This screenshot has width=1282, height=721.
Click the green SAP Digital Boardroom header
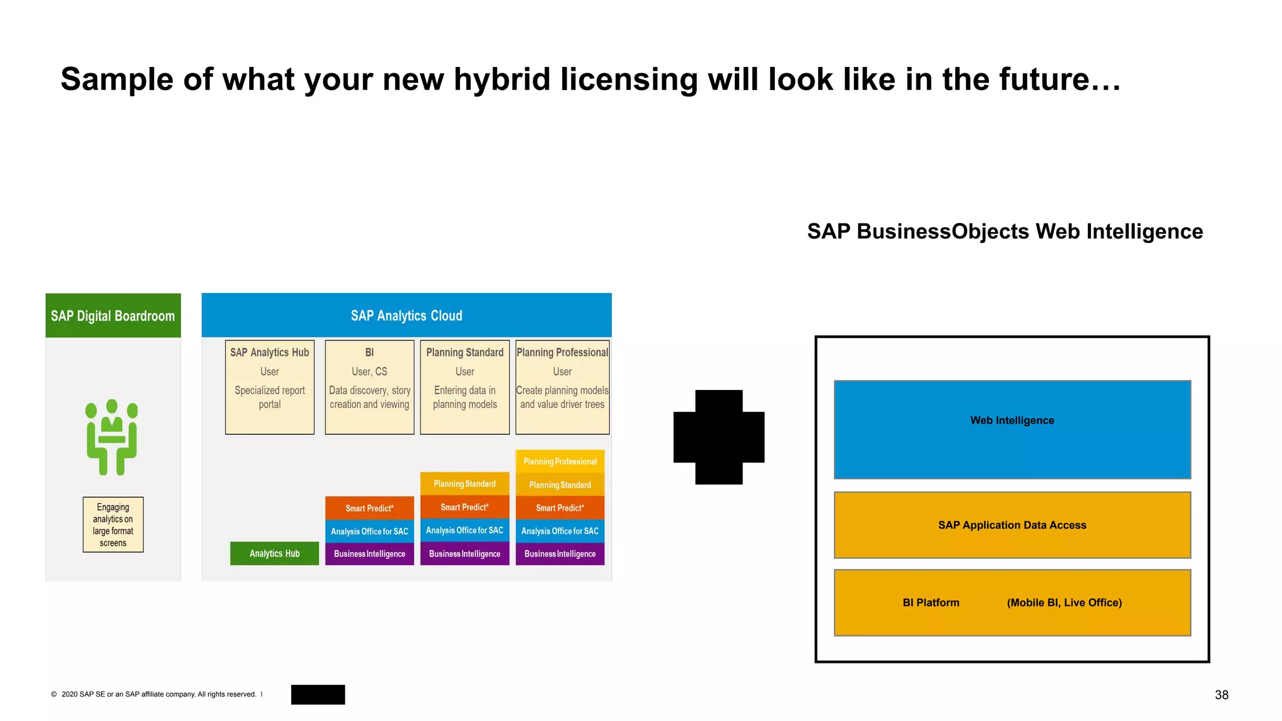113,315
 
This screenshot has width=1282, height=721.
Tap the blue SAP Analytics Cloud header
406,315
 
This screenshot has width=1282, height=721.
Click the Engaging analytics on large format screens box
113,524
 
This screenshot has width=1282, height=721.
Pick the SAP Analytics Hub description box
270,387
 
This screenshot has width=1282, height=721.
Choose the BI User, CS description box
369,387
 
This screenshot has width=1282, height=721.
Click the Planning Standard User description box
464,387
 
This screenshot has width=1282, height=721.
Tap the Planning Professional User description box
562,387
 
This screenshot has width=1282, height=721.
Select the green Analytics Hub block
274,553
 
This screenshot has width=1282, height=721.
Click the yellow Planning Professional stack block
560,461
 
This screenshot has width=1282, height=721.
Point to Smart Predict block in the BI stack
369,508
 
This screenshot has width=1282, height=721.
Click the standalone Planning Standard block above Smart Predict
464,484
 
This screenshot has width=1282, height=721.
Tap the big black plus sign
719,437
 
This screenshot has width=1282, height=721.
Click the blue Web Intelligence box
1012,429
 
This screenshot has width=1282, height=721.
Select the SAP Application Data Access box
1012,525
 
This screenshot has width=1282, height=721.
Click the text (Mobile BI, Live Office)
1064,603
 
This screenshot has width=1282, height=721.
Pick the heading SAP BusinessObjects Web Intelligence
1005,232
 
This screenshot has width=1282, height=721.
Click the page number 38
1221,695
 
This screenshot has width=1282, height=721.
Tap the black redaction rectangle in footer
318,695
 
